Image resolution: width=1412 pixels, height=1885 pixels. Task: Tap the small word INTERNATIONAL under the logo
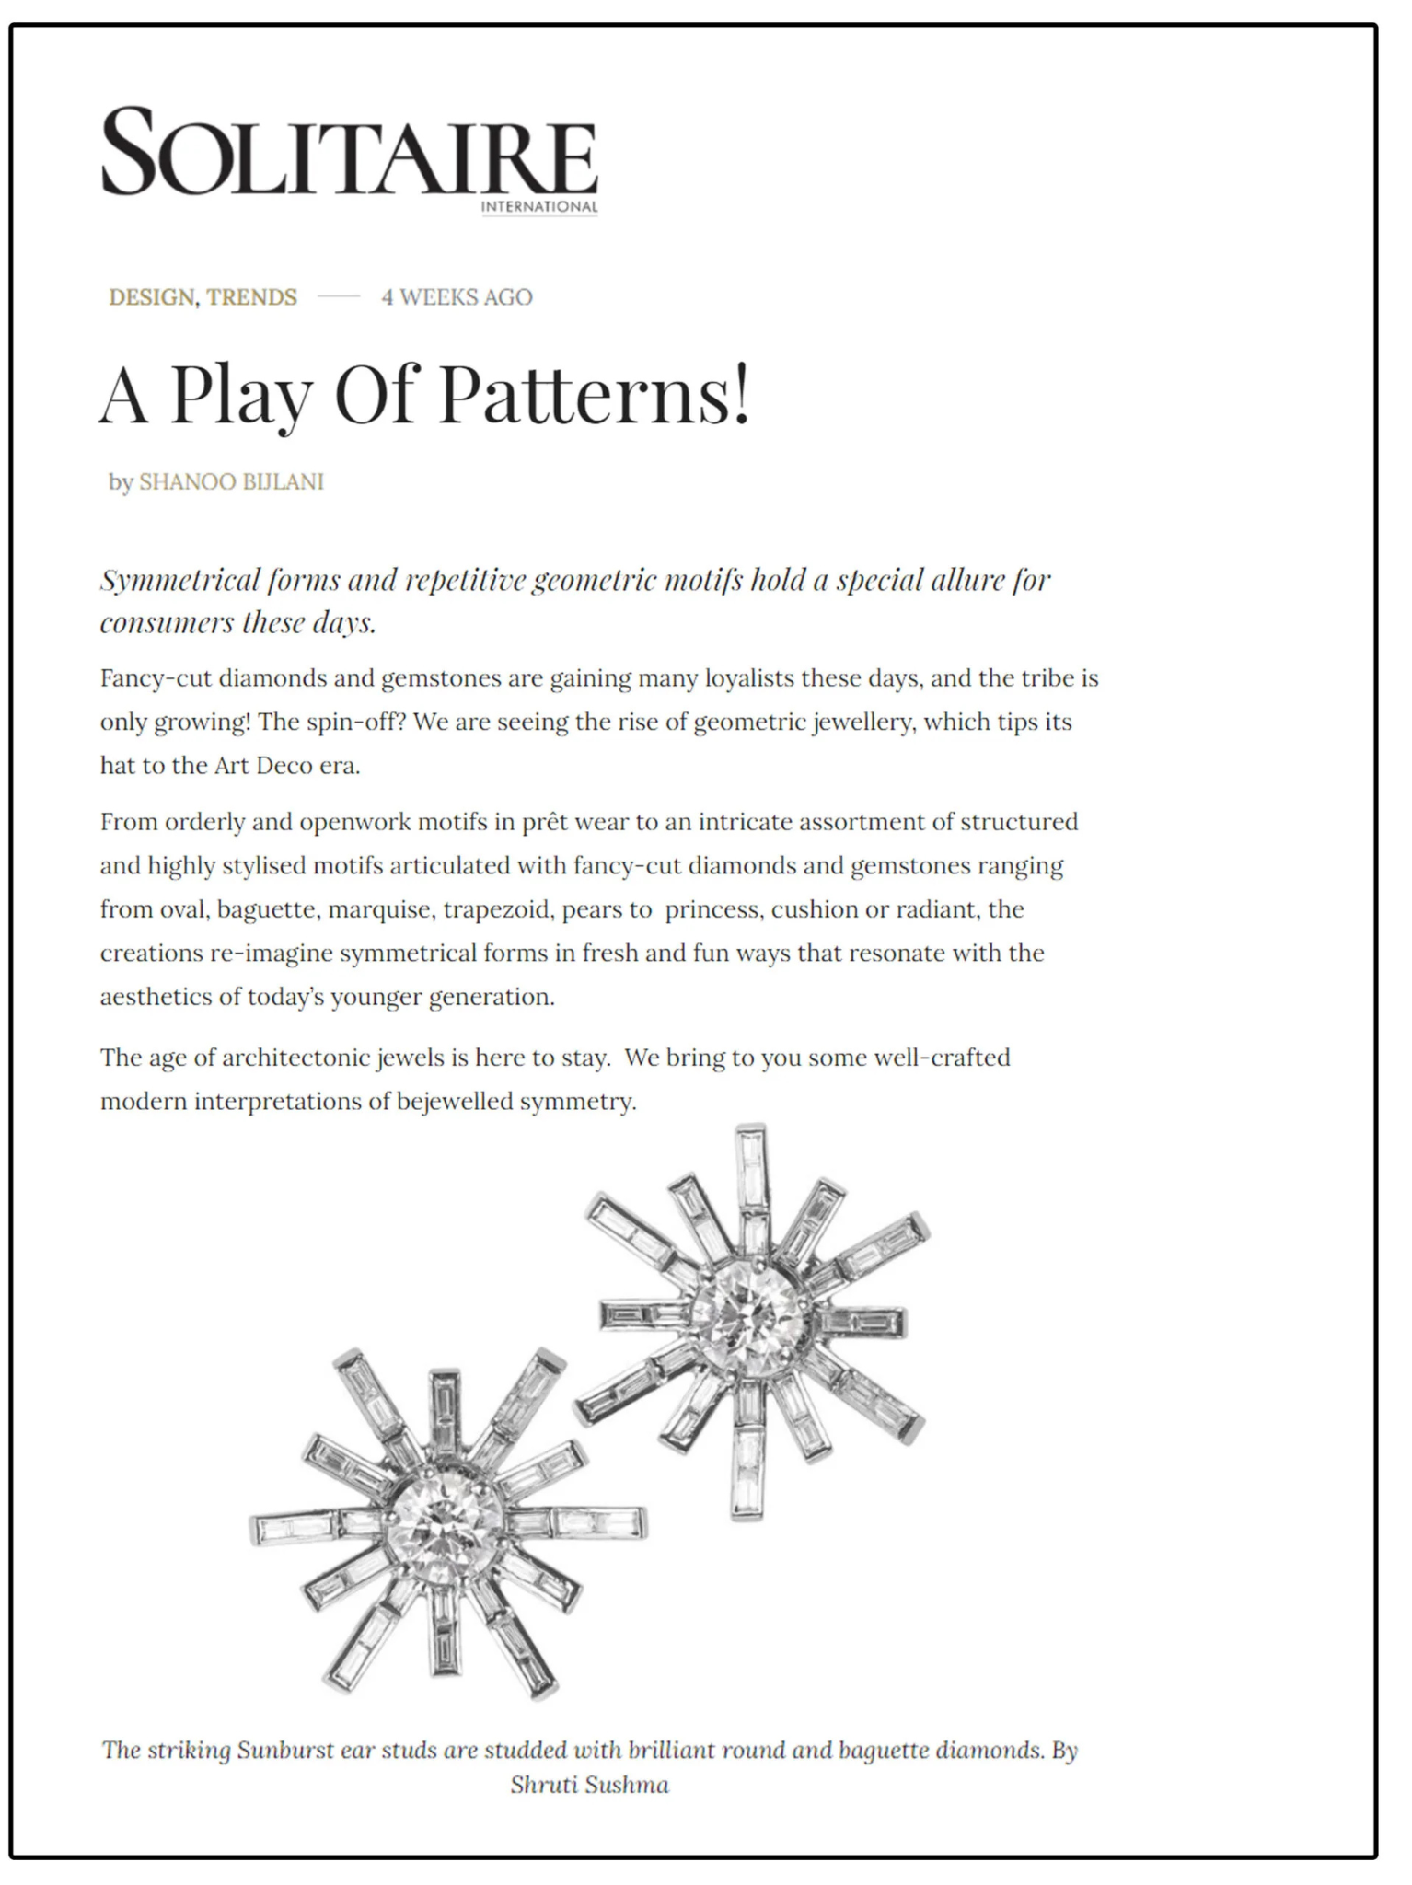coord(538,206)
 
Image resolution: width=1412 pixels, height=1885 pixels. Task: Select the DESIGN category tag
coord(152,297)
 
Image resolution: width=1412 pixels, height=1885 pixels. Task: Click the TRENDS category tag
coord(251,297)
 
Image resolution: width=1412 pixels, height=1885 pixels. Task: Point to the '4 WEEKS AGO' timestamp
coord(457,297)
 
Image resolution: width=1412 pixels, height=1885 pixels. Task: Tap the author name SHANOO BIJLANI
coord(231,482)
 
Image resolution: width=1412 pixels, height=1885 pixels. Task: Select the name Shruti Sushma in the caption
coord(589,1786)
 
